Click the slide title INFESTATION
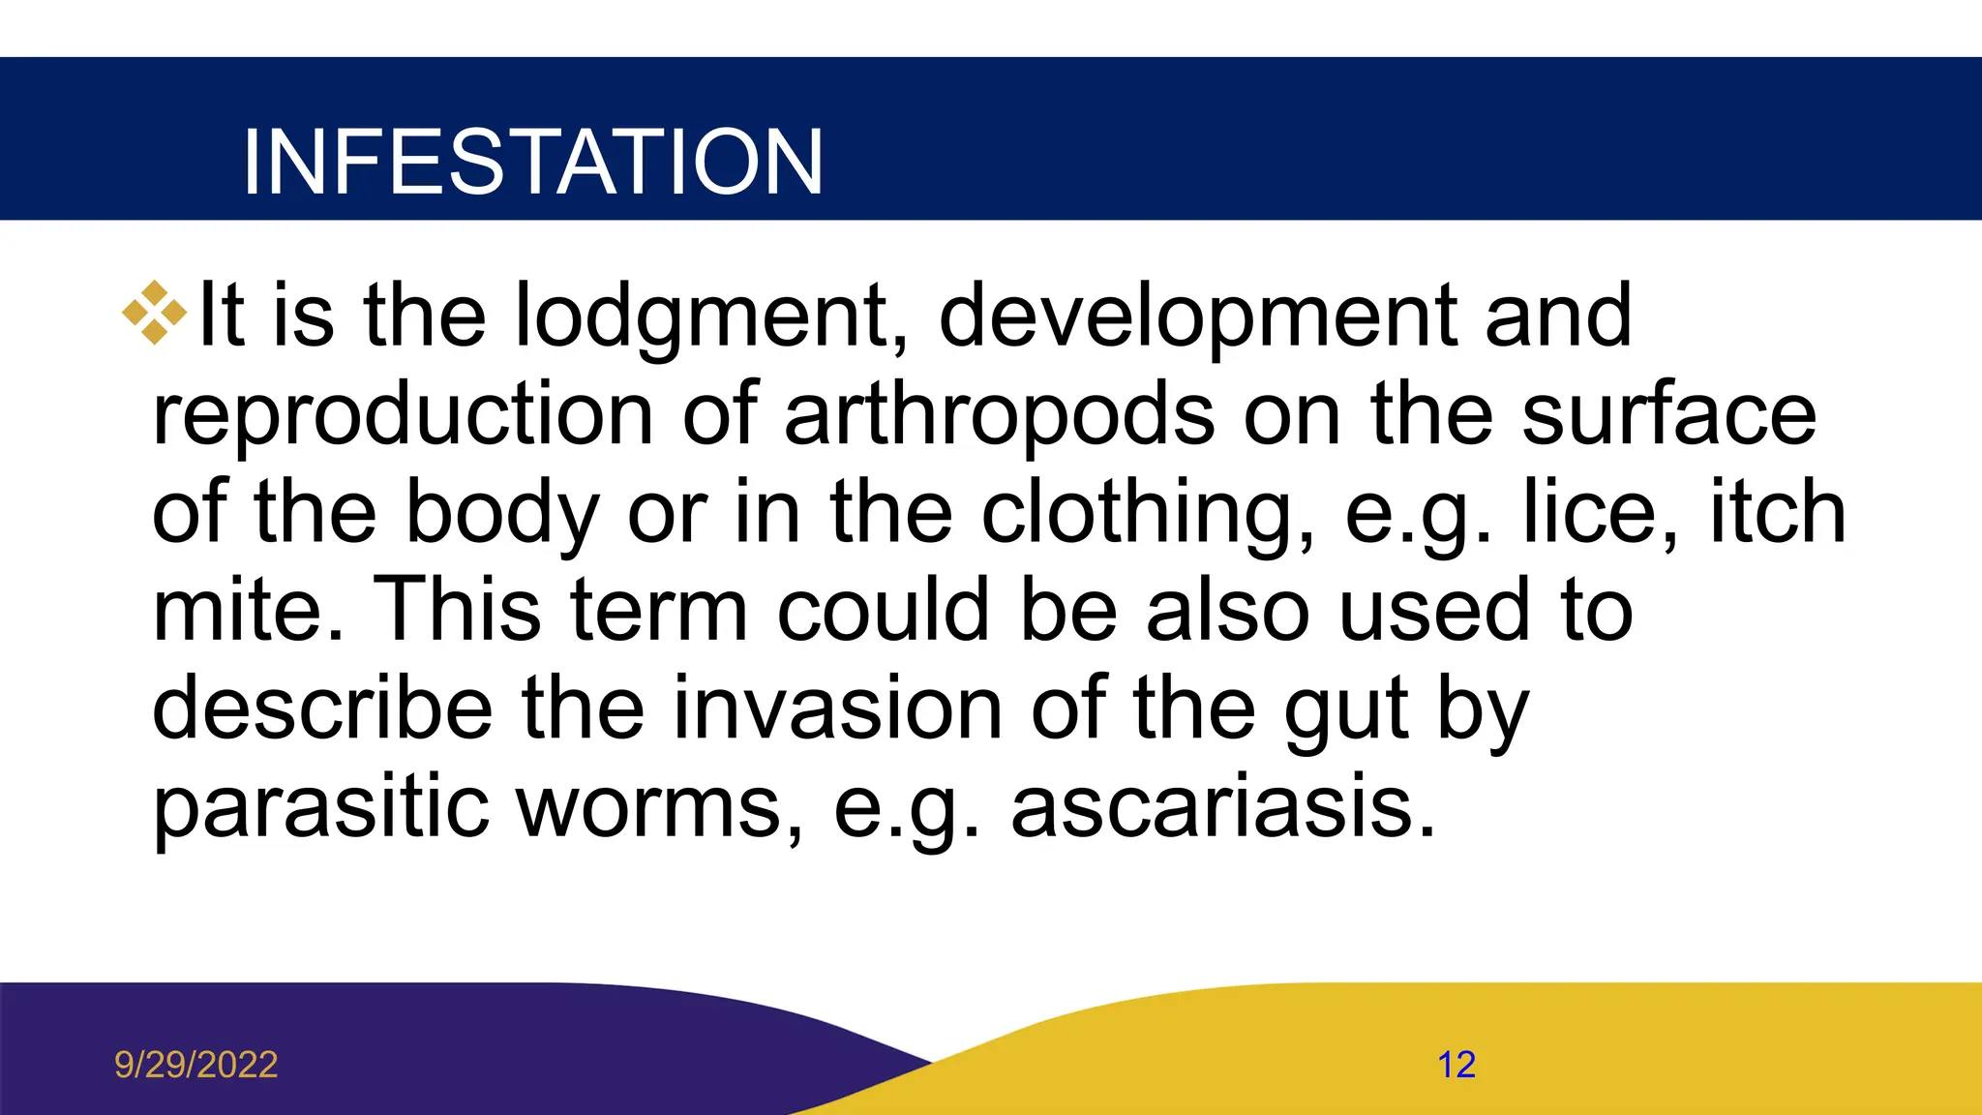pos(532,162)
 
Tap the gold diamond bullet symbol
pos(154,313)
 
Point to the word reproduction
pos(403,416)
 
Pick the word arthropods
pos(999,416)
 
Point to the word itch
pos(1778,513)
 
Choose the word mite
pos(248,612)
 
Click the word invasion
pos(837,708)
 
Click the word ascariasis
pos(1223,809)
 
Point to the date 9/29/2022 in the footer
pos(196,1065)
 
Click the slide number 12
pos(1456,1065)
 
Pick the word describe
pos(323,708)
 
